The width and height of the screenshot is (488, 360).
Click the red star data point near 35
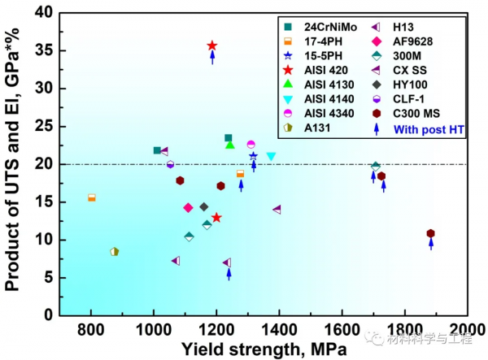212,46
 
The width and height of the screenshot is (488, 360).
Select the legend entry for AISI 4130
329,85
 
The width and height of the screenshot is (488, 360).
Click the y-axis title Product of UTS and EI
14,163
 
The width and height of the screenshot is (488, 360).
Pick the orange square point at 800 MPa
91,197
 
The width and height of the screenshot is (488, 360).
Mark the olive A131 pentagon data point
115,252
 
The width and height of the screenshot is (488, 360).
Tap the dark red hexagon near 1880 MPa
431,233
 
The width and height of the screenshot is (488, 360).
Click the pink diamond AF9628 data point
189,207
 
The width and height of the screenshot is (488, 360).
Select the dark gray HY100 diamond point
204,206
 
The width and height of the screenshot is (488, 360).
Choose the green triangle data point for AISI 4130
230,145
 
